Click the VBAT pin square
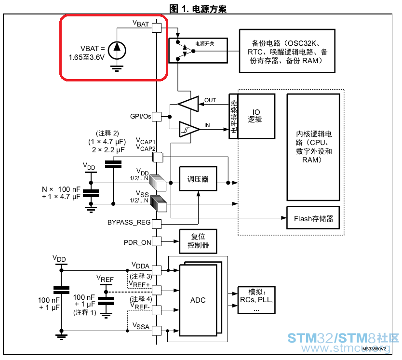[157, 27]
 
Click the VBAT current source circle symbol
[117, 50]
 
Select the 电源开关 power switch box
[198, 51]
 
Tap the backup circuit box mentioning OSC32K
[287, 51]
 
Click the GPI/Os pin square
[157, 117]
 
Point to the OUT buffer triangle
[188, 104]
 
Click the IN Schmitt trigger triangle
[189, 129]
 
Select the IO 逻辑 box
[256, 117]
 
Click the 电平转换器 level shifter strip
[234, 117]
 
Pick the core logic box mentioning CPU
[313, 147]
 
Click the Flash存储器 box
[313, 218]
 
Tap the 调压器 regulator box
[198, 179]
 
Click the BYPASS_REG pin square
[157, 224]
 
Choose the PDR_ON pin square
[157, 241]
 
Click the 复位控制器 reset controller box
[198, 241]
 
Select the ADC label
[198, 300]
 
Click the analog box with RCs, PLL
[256, 300]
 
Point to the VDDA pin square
[157, 270]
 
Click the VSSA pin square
[157, 331]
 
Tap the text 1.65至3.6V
[87, 57]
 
